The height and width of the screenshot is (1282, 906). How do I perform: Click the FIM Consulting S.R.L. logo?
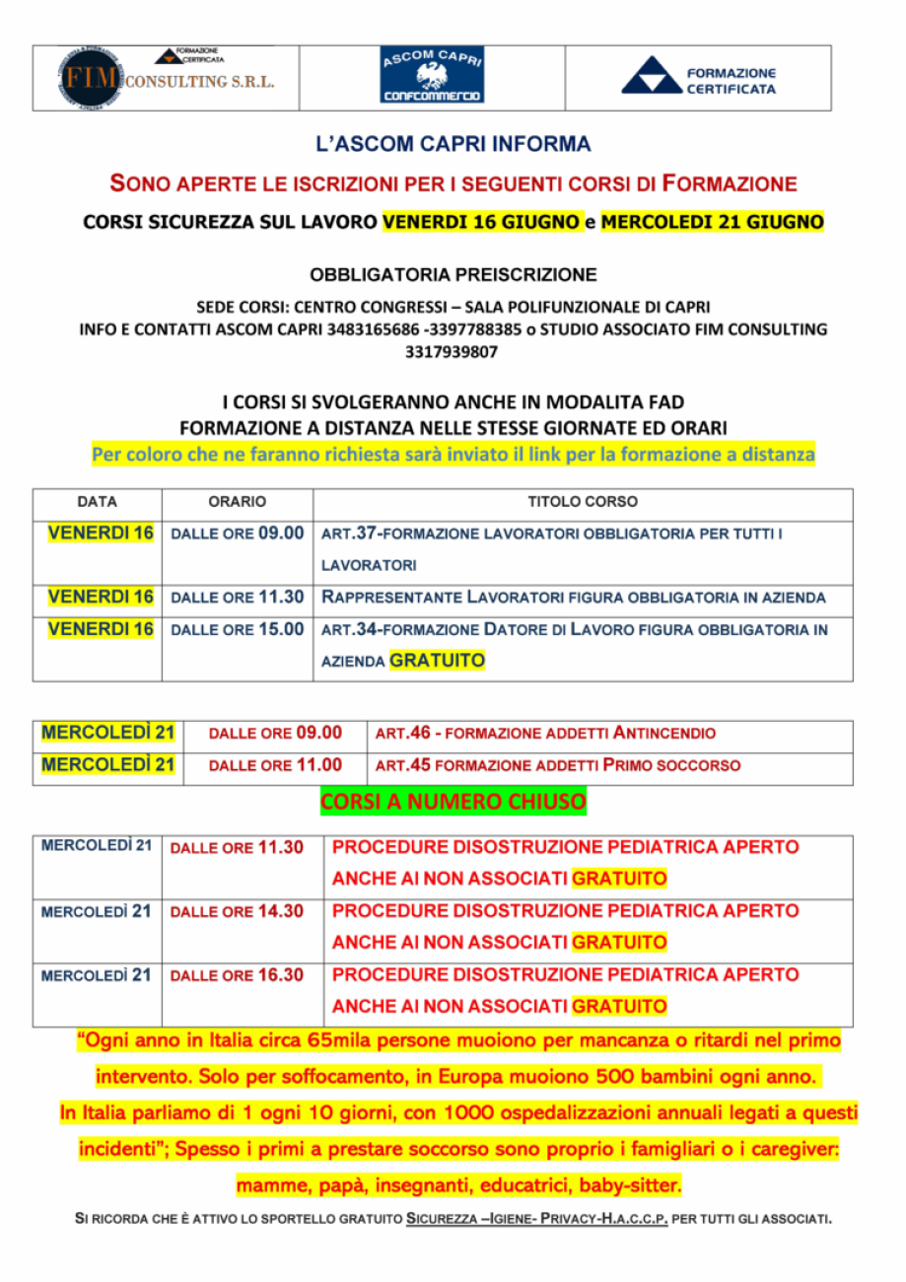click(166, 78)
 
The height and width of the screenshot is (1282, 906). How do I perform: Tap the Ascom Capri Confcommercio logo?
click(431, 75)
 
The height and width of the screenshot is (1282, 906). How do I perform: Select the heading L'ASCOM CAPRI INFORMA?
click(453, 145)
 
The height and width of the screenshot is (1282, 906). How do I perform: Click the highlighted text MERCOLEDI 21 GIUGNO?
click(712, 223)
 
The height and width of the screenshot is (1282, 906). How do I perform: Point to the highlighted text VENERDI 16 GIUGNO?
click(480, 223)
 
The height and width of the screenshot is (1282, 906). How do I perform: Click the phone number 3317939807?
click(453, 351)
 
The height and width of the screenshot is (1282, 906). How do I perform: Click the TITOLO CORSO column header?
click(582, 503)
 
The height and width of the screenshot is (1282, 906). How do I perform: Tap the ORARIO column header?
click(237, 503)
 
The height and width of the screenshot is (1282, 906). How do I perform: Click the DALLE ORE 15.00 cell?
click(237, 629)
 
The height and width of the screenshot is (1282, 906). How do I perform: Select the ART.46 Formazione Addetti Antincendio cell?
click(545, 734)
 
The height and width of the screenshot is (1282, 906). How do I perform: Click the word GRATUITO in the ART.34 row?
click(437, 661)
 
